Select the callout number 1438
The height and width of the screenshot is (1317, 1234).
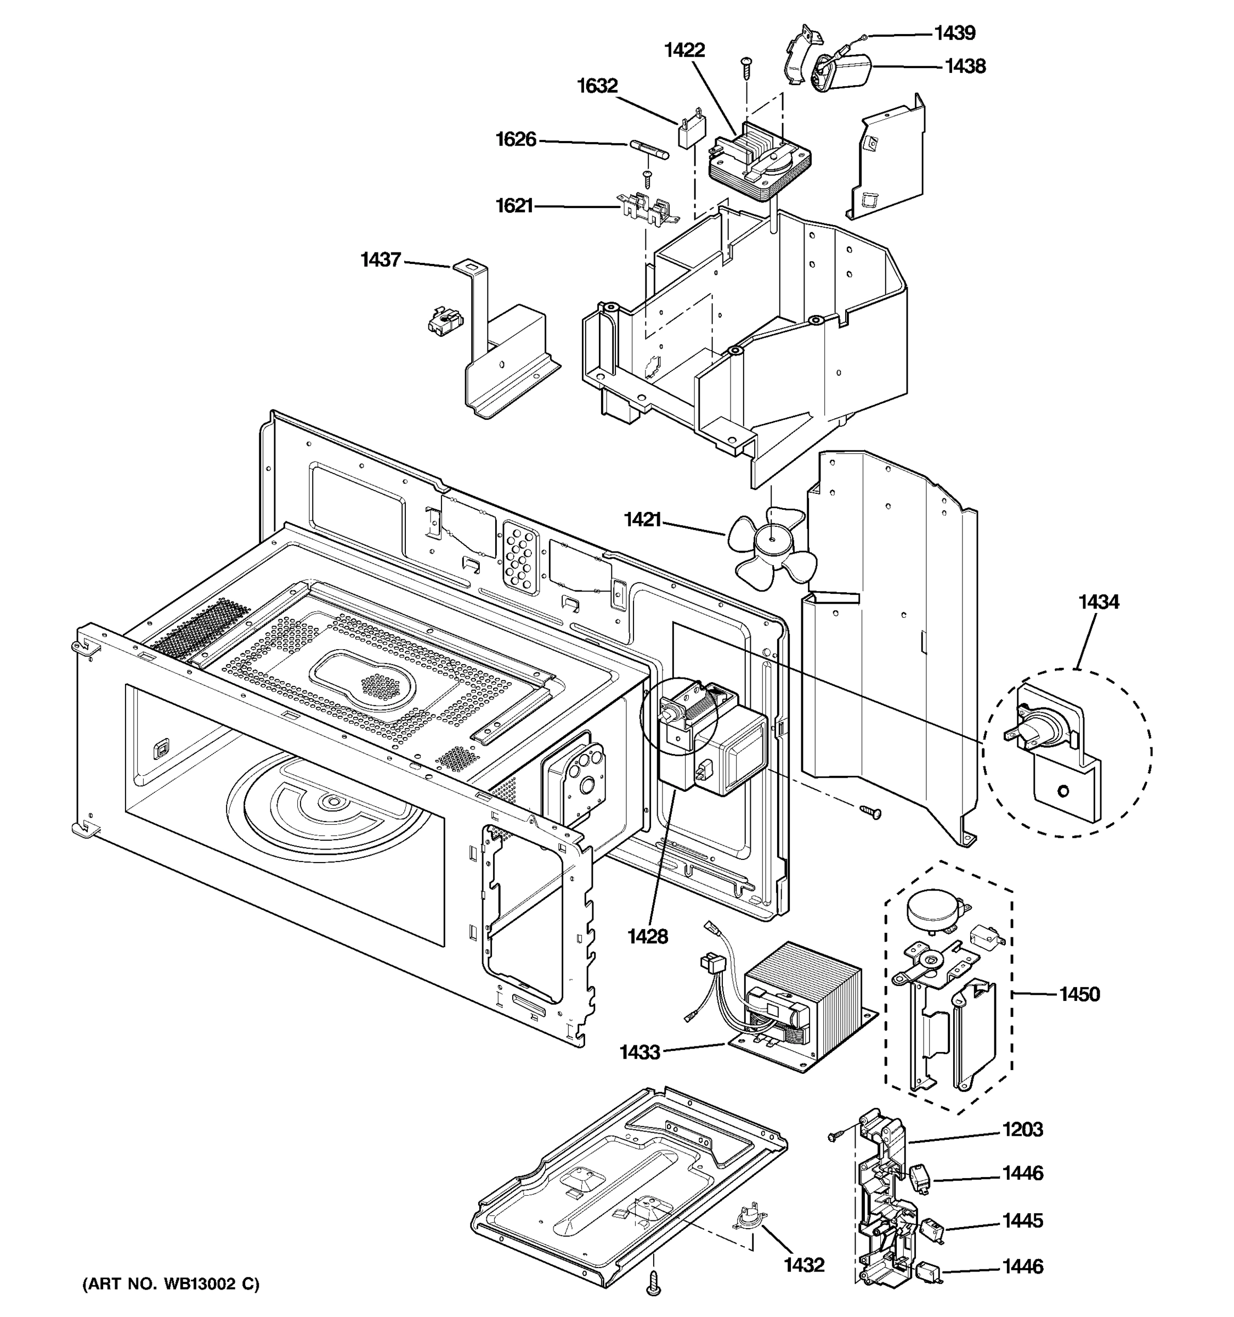point(965,66)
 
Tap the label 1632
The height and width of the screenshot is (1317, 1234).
point(597,86)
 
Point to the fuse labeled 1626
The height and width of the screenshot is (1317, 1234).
point(649,149)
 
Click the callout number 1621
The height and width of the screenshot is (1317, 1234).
point(514,206)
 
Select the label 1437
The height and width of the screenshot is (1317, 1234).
point(381,260)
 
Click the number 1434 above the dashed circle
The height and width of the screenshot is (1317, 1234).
point(1099,601)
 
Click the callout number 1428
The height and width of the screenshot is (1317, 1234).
point(648,936)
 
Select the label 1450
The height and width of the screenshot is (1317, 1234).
point(1079,994)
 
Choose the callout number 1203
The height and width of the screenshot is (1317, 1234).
point(1022,1129)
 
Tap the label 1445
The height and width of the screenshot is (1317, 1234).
point(1022,1220)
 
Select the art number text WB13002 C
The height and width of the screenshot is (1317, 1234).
point(171,1284)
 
